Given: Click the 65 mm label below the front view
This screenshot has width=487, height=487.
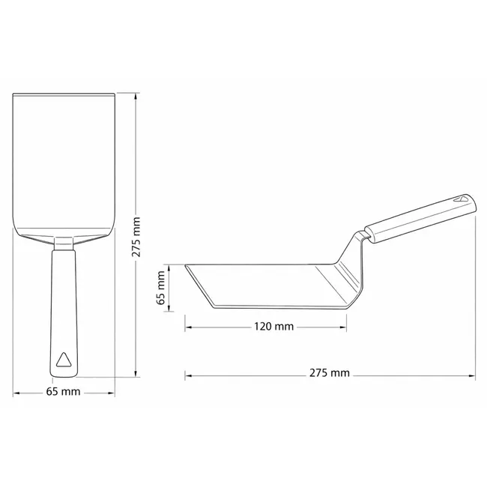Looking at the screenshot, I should (64, 392).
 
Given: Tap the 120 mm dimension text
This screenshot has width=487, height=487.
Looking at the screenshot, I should (273, 327).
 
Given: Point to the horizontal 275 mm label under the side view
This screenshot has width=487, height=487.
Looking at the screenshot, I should (330, 372).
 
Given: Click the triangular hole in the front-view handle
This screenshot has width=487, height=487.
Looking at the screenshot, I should (64, 359).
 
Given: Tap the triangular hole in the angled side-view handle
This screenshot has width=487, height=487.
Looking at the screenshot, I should (461, 200).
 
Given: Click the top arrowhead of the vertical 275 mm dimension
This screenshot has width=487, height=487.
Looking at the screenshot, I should (136, 97).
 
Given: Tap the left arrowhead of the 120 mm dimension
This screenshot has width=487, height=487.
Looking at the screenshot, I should (188, 327).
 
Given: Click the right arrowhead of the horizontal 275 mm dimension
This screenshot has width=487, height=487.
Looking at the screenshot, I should (473, 372).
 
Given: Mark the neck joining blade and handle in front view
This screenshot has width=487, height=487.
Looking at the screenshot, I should (64, 243).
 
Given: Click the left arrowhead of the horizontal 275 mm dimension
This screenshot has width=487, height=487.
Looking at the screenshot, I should (188, 372).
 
